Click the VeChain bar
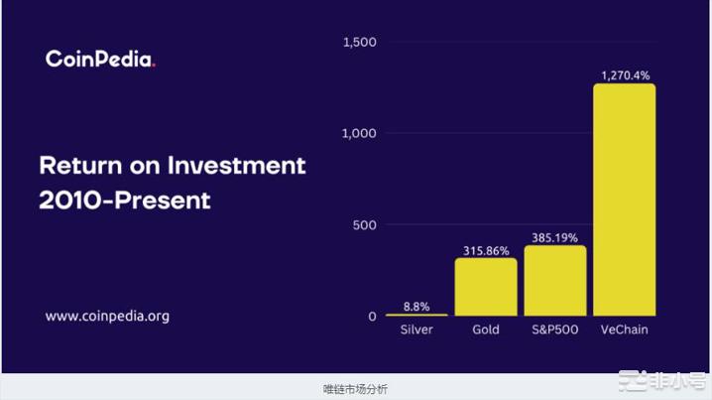click(624, 199)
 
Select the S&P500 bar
click(554, 281)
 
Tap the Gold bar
click(486, 287)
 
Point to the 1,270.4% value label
click(624, 74)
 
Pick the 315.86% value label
click(486, 250)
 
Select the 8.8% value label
click(416, 306)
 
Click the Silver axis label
click(416, 330)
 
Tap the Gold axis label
click(486, 330)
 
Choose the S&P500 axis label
click(554, 330)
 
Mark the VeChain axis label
click(624, 330)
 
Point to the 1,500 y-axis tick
click(359, 43)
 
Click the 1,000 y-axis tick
click(359, 134)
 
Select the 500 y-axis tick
click(366, 225)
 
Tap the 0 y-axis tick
click(373, 317)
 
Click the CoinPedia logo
click(100, 60)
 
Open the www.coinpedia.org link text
click(107, 317)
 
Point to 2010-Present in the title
click(125, 200)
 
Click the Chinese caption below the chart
click(355, 388)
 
